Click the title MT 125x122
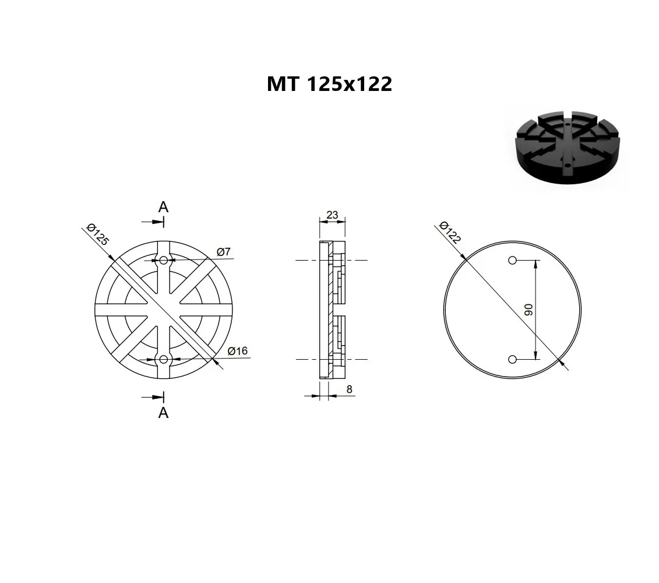(330, 84)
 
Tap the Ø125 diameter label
(97, 234)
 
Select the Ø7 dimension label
(224, 251)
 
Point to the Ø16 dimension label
(238, 351)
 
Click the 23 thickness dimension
(332, 215)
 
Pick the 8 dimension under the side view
(349, 389)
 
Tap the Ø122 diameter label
(450, 232)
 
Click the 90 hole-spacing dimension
(528, 310)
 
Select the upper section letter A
(163, 207)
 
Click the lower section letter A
(164, 413)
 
